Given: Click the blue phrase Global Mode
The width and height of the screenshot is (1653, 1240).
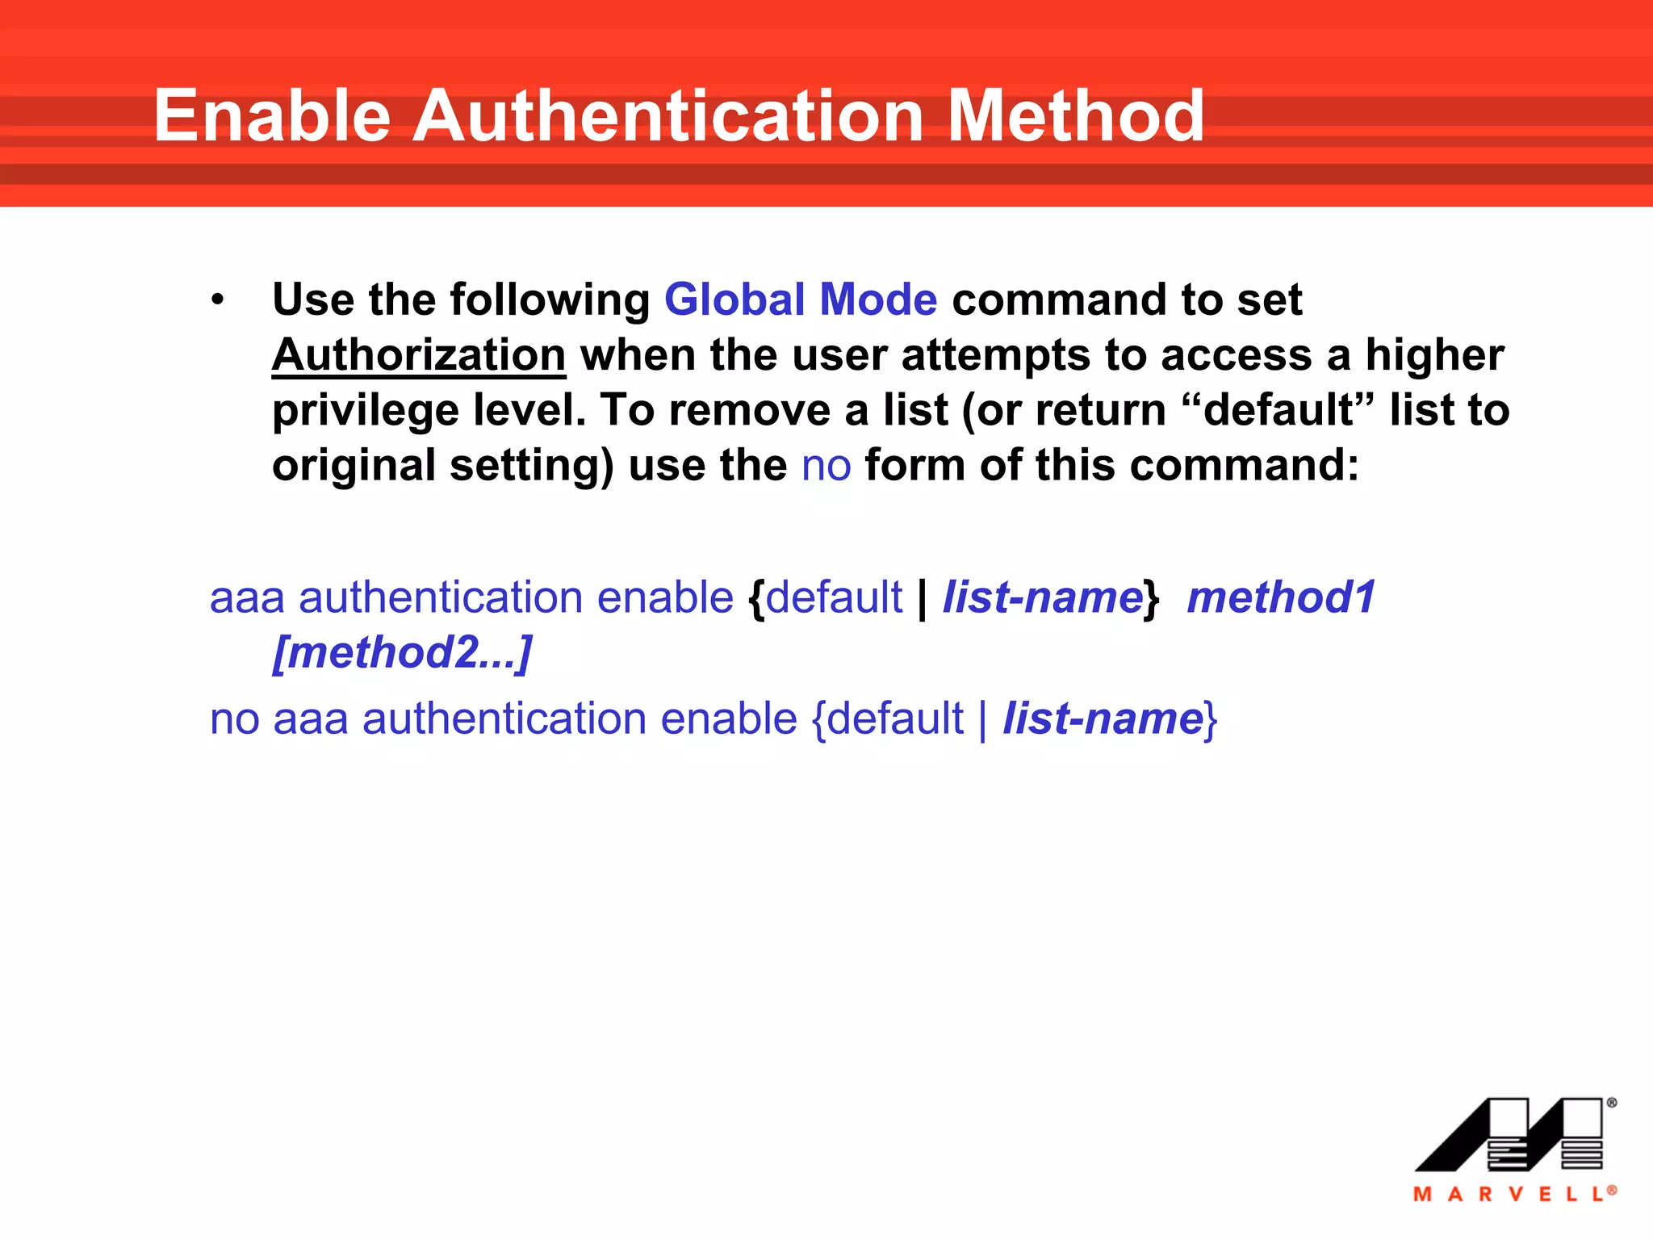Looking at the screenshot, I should [x=801, y=300].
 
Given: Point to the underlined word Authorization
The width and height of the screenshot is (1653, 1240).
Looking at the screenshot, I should [x=419, y=355].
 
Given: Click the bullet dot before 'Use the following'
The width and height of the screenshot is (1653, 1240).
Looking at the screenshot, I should [x=217, y=300].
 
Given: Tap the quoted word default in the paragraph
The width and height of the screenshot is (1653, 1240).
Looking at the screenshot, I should [x=1277, y=410].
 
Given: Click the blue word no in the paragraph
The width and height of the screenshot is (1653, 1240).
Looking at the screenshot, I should [x=826, y=466].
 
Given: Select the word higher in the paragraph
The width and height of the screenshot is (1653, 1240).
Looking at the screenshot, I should [x=1434, y=355].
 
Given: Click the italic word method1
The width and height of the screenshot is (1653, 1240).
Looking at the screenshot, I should [x=1281, y=598].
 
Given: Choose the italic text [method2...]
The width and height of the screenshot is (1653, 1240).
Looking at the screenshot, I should [x=403, y=653].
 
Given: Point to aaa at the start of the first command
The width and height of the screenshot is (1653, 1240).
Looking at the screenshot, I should [x=247, y=598].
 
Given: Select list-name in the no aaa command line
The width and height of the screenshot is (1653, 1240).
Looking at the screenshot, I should [x=1103, y=719].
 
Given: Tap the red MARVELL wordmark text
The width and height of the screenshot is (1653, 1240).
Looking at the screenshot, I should [x=1513, y=1194].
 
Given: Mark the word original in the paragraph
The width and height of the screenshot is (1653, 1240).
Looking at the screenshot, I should [x=354, y=466].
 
